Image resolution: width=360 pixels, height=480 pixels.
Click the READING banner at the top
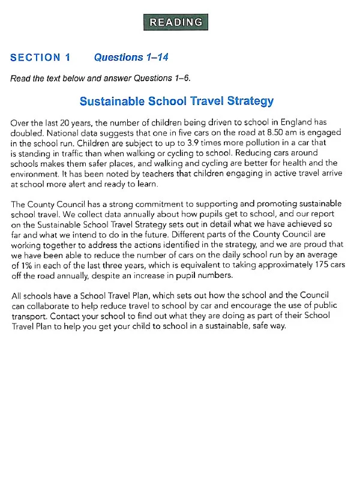click(x=176, y=22)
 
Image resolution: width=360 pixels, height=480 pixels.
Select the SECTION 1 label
click(x=40, y=58)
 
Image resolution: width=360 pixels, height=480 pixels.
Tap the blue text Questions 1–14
click(x=131, y=58)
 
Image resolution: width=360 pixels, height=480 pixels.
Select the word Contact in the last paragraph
click(x=68, y=317)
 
